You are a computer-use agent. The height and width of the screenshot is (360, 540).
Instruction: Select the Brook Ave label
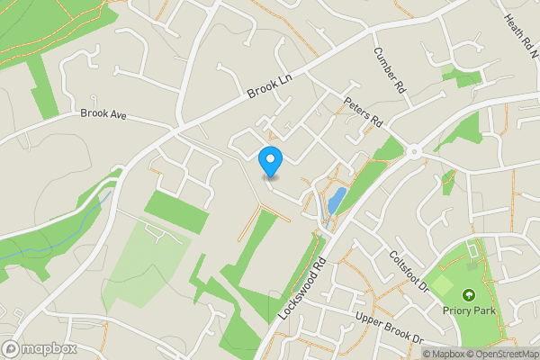tap(105, 114)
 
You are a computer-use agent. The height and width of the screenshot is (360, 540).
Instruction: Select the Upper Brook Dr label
tap(389, 328)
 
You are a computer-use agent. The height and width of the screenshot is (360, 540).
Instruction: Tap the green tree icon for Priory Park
tap(467, 294)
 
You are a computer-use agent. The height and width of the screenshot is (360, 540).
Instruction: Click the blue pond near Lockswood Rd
tap(335, 200)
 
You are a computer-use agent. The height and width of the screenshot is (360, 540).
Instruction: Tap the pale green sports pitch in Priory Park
tap(441, 285)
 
